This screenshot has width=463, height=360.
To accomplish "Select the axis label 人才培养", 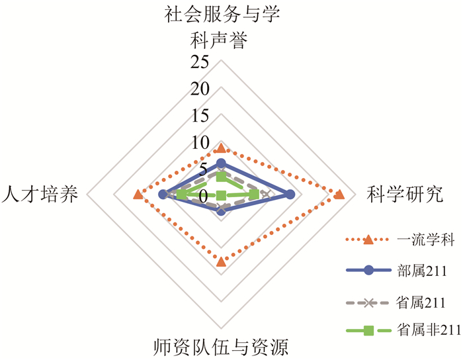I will tap(40, 195).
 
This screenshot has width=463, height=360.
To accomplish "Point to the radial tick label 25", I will tap(200, 62).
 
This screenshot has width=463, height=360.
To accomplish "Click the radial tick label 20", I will tap(200, 89).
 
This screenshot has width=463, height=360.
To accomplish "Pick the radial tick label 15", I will tap(200, 116).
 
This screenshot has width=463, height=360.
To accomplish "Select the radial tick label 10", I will tap(200, 142).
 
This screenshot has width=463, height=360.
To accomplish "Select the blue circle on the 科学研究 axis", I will tap(289, 195).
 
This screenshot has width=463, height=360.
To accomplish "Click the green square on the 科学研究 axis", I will tap(255, 195).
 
